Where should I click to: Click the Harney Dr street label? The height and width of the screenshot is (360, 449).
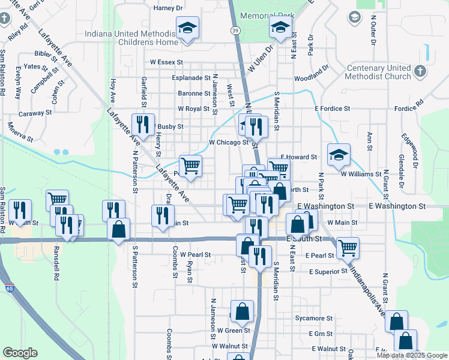coord(168,8)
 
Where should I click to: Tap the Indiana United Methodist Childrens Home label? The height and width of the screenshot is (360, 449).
coord(131,38)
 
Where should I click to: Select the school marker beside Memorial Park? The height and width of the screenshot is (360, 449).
coord(280,28)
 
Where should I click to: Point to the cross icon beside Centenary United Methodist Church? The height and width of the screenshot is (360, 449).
coord(420,71)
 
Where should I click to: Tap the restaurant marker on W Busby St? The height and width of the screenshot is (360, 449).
coord(143,125)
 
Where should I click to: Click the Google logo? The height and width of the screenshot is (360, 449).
coord(20,353)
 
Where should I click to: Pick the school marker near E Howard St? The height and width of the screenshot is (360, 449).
coord(339,155)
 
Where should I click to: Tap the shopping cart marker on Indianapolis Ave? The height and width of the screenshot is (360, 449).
coord(348,247)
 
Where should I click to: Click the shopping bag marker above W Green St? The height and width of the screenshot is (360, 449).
coord(242,311)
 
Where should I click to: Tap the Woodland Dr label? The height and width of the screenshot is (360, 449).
coord(312,77)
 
